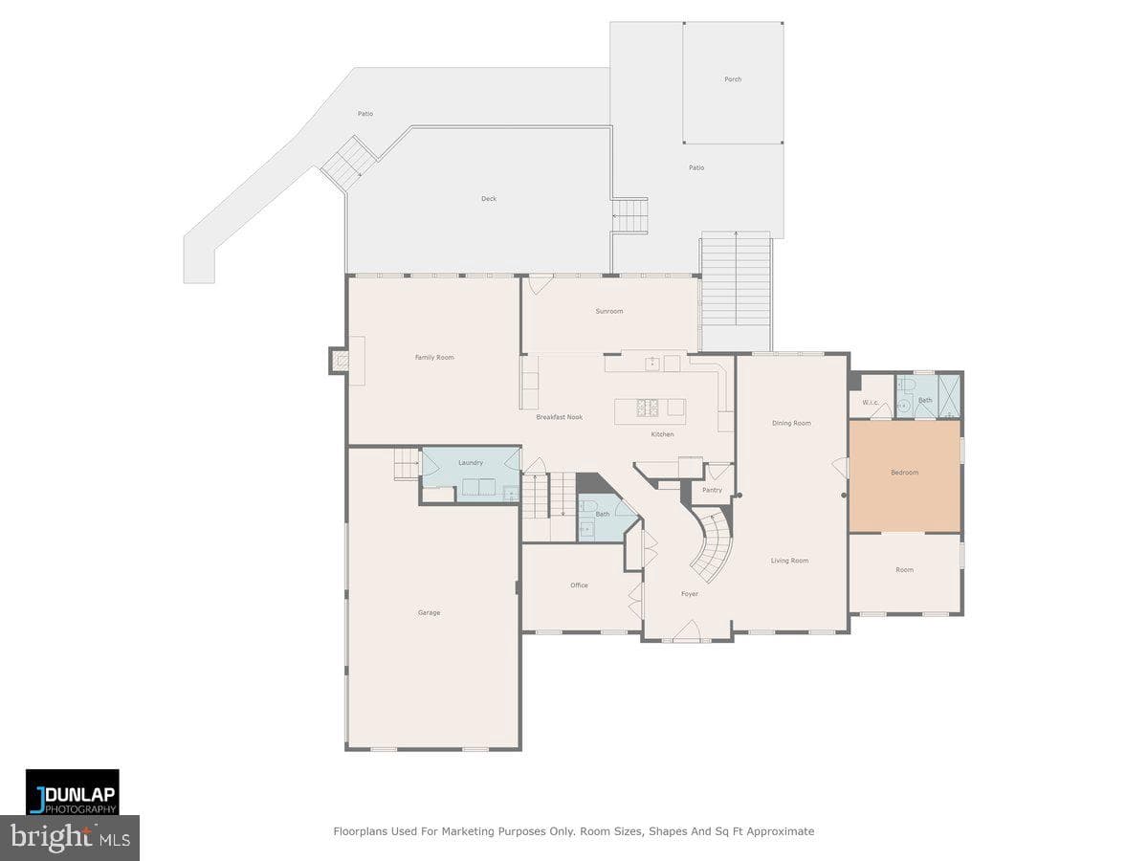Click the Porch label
point(733,79)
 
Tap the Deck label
point(489,199)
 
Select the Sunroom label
point(609,311)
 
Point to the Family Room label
point(434,358)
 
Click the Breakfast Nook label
point(559,417)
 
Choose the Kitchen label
point(662,434)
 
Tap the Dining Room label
point(791,423)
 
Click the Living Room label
point(789,561)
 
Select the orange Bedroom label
point(904,473)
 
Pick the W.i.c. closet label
point(871,403)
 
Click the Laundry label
point(470,463)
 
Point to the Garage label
point(429,612)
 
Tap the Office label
point(579,585)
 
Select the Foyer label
point(690,594)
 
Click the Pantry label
point(712,491)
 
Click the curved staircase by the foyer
point(714,547)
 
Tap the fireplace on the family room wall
point(339,361)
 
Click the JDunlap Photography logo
point(72,792)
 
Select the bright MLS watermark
point(70,838)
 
